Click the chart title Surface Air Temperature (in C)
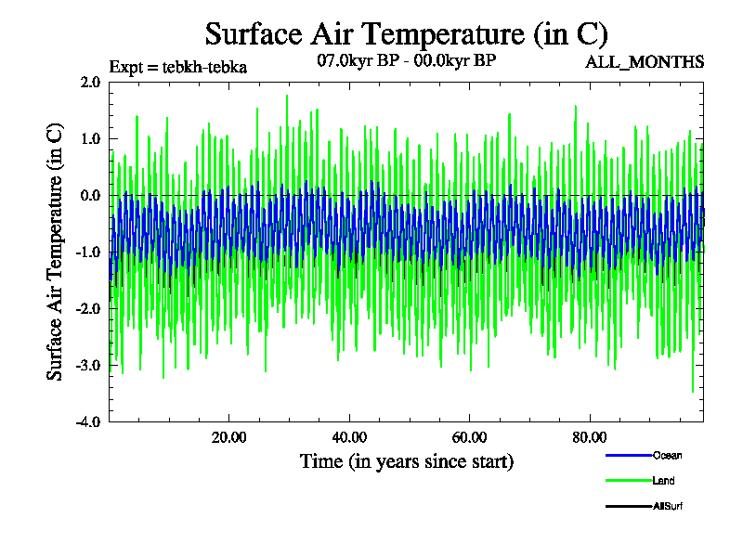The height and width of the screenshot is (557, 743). point(406,34)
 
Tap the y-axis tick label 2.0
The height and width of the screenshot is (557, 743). point(90,82)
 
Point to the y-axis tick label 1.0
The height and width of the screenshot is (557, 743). point(90,138)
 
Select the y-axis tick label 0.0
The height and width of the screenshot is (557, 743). point(90,195)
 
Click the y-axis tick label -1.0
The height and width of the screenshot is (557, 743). point(88,252)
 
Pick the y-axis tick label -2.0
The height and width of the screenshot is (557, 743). point(88,308)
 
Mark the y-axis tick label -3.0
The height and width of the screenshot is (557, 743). point(88,365)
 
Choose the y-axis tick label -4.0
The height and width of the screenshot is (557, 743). point(88,421)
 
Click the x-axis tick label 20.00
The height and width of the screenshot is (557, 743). point(228,437)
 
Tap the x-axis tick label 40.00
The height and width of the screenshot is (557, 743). point(348,437)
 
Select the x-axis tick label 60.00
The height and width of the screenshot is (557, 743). point(469,437)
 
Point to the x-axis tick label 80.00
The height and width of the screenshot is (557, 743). point(589,437)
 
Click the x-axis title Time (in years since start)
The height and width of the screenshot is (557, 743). point(406,460)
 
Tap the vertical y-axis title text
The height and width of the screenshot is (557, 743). point(55,252)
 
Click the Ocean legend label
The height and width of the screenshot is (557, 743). point(667,455)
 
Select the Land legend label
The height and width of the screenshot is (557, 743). point(663,481)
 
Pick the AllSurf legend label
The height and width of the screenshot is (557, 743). point(669,506)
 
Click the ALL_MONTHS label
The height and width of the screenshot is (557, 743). point(644,62)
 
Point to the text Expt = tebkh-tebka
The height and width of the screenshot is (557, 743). point(177,67)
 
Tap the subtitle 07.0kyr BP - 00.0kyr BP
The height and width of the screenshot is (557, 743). point(406,61)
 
